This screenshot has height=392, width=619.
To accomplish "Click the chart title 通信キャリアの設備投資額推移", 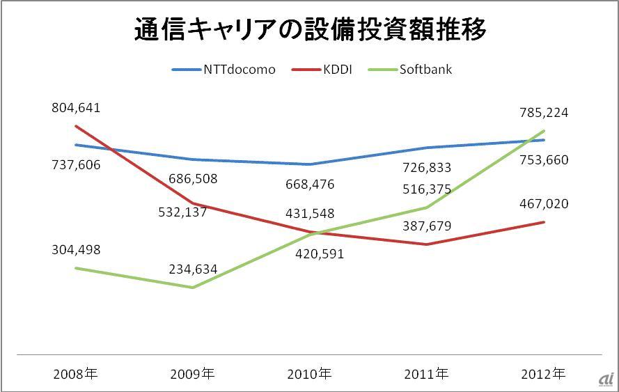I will [x=309, y=31].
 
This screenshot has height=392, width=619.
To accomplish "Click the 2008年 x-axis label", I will [x=75, y=374].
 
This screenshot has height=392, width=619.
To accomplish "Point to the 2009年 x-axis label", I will [x=192, y=374].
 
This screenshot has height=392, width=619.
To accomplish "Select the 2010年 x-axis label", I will [x=309, y=374].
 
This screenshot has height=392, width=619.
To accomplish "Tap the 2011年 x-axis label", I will [x=426, y=374].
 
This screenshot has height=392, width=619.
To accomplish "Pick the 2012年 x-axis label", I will [x=543, y=374].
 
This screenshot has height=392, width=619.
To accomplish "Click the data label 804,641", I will [x=76, y=108].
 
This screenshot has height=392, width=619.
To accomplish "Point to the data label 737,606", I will [x=76, y=164].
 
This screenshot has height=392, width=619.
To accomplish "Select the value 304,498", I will [x=76, y=250].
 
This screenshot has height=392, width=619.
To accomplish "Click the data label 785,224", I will [x=544, y=112].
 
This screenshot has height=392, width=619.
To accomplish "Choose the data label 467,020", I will [x=544, y=204].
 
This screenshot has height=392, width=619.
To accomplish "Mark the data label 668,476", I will [x=310, y=185].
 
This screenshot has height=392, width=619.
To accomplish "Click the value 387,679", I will [x=427, y=226].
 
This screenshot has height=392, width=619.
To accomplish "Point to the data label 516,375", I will [x=427, y=189].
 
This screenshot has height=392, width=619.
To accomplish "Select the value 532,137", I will [x=182, y=212].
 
